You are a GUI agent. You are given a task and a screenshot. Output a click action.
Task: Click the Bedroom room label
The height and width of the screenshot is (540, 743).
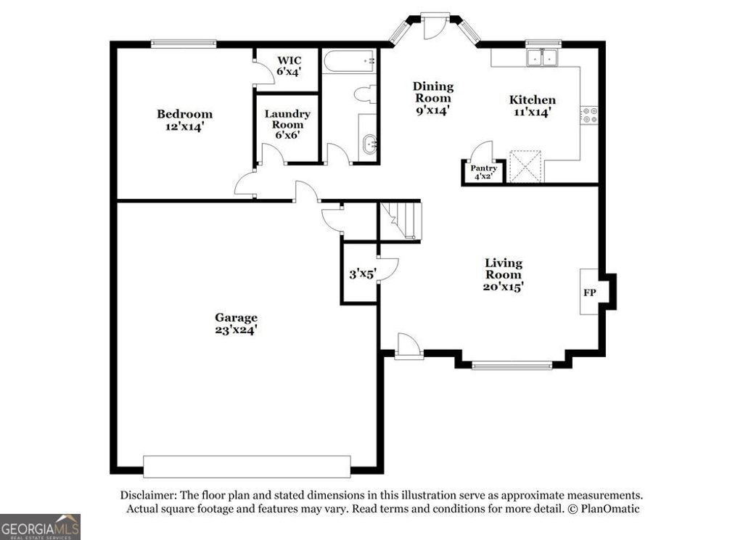click(x=184, y=120)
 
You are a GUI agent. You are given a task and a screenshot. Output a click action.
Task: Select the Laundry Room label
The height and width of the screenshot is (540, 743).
click(x=287, y=124)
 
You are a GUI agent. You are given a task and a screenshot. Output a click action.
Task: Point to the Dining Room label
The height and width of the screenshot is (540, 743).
click(x=432, y=98)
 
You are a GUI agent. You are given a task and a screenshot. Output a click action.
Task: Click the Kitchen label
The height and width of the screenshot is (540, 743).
click(x=532, y=106)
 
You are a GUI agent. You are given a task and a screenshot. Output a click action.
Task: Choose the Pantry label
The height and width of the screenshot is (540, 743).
click(x=483, y=172)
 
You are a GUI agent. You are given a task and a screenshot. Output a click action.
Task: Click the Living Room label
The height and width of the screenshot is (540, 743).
click(x=504, y=274)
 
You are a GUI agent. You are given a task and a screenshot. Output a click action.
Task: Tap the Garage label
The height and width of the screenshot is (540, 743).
click(x=236, y=323)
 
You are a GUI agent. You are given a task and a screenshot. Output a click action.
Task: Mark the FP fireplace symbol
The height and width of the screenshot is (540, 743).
click(x=589, y=292)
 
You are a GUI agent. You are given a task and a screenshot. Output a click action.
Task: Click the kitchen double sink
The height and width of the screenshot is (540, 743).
click(x=543, y=57)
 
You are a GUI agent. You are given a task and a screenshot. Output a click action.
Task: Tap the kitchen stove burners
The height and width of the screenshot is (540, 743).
click(x=589, y=114)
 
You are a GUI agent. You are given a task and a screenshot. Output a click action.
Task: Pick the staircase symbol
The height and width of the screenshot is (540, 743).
click(x=400, y=221)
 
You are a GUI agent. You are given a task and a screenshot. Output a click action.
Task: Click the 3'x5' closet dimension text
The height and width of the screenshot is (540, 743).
click(x=362, y=274)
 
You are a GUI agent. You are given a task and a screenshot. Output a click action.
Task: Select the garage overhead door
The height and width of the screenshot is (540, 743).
click(x=247, y=466)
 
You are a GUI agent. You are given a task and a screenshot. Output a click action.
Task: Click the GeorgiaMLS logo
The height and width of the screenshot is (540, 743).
click(x=40, y=526)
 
